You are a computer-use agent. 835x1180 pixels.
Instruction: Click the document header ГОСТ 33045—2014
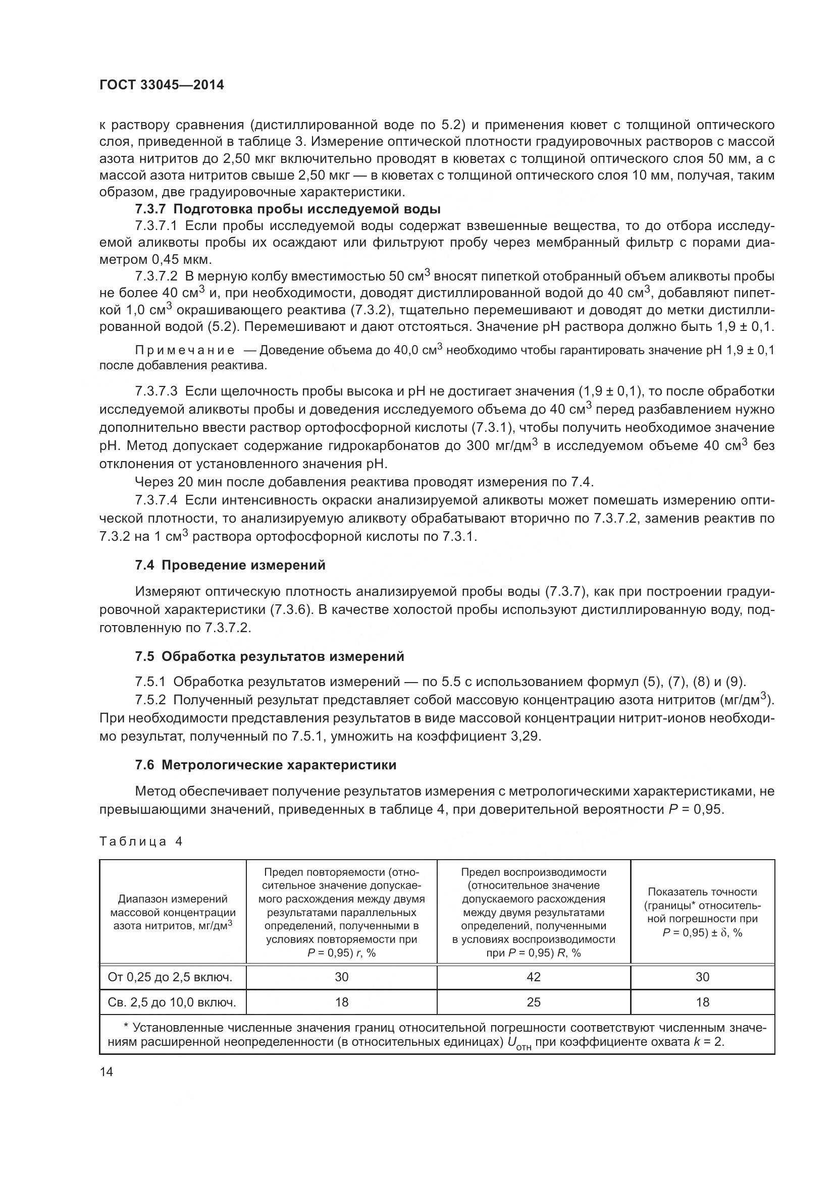[162, 85]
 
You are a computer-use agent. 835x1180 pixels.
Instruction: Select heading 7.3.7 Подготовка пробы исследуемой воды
[287, 209]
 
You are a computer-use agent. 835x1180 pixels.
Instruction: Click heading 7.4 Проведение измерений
[230, 566]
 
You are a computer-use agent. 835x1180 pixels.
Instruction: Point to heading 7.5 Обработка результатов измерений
[270, 656]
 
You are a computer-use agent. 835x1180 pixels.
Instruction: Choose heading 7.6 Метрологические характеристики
[266, 765]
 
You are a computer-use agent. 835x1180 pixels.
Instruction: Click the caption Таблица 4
[140, 841]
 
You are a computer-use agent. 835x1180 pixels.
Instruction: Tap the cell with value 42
[533, 977]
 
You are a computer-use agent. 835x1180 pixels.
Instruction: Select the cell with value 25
[533, 1002]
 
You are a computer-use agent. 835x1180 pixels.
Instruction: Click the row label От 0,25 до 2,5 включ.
[170, 977]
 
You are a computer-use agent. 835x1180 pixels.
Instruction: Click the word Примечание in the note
[185, 351]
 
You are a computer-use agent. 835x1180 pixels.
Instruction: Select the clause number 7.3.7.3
[156, 391]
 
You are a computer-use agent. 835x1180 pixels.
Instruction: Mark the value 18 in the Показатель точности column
[702, 1002]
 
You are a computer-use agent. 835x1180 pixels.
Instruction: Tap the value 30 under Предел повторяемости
[341, 977]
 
